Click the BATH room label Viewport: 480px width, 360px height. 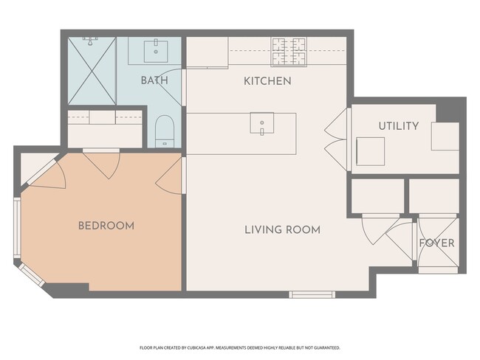(x=154, y=80)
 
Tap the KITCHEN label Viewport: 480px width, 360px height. (x=267, y=81)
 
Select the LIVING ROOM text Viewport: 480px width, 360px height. (x=282, y=229)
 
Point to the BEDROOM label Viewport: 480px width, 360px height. (x=106, y=226)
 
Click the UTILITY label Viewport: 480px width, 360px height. (x=399, y=126)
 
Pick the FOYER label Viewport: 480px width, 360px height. (x=436, y=243)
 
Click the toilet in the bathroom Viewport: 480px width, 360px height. (x=165, y=131)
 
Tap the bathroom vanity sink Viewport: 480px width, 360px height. (x=156, y=51)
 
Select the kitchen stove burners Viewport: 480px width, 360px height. (x=289, y=52)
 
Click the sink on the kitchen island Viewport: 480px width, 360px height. (x=261, y=123)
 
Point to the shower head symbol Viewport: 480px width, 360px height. (x=90, y=41)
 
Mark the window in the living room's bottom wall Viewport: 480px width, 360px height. (x=312, y=294)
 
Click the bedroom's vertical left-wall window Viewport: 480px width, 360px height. (x=17, y=228)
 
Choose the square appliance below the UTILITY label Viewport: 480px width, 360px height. (x=371, y=151)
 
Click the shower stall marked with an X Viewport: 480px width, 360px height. (x=92, y=71)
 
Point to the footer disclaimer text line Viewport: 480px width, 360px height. (x=240, y=347)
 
